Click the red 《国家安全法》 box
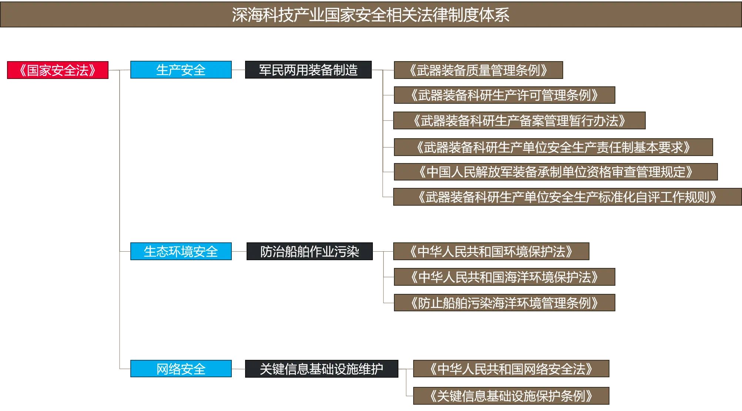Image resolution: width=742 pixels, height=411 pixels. pyautogui.click(x=58, y=70)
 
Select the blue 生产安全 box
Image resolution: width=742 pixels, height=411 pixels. pyautogui.click(x=181, y=70)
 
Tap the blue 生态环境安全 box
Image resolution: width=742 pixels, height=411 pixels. pyautogui.click(x=181, y=251)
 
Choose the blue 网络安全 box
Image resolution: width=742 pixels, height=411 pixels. pyautogui.click(x=181, y=369)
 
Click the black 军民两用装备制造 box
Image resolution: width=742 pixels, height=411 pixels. pyautogui.click(x=308, y=70)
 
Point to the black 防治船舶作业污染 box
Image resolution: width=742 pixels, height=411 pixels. pyautogui.click(x=310, y=251)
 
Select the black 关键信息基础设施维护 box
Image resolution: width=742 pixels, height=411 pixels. pyautogui.click(x=322, y=369)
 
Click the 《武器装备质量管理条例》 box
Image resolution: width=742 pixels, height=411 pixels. pyautogui.click(x=478, y=70)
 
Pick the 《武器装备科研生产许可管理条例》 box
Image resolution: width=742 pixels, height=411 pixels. pyautogui.click(x=505, y=95)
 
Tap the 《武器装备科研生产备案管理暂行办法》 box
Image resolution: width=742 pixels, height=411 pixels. pyautogui.click(x=519, y=120)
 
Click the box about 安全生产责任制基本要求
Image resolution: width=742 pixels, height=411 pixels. pyautogui.click(x=554, y=147)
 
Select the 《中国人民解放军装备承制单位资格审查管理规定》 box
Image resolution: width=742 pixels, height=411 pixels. pyautogui.click(x=556, y=172)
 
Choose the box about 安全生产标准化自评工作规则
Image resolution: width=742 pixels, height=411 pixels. pyautogui.click(x=568, y=197)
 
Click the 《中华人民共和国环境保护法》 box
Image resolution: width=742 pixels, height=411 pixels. pyautogui.click(x=491, y=251)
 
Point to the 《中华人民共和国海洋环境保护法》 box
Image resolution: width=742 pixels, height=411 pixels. pyautogui.click(x=505, y=277)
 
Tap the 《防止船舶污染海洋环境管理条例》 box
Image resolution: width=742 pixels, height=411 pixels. pyautogui.click(x=505, y=303)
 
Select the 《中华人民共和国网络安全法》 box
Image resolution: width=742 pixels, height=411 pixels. pyautogui.click(x=511, y=369)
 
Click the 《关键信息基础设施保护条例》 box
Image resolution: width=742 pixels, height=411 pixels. pyautogui.click(x=511, y=396)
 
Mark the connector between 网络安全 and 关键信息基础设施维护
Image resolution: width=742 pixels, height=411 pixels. pyautogui.click(x=238, y=369)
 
